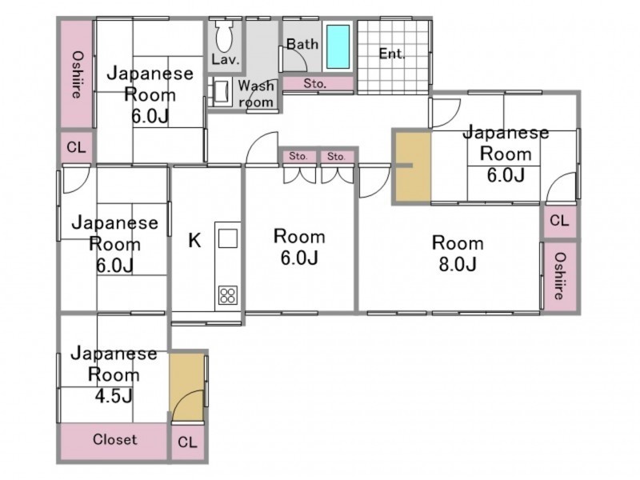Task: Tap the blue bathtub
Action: click(338, 46)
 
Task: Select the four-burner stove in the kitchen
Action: click(228, 295)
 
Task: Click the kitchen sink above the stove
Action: click(228, 238)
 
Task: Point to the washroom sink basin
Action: click(222, 92)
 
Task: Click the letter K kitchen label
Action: click(194, 241)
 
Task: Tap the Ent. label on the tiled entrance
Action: click(392, 54)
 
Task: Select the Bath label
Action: click(302, 44)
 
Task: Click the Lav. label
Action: click(225, 60)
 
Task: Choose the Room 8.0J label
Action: click(458, 253)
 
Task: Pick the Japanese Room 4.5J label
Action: click(114, 374)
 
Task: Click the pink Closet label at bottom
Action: click(114, 439)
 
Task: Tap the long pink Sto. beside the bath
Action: click(314, 84)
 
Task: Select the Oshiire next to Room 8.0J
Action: click(561, 276)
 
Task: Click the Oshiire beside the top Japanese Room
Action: click(77, 74)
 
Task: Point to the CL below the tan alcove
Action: click(187, 442)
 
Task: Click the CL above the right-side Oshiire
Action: click(559, 221)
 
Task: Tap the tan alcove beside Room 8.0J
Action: click(412, 167)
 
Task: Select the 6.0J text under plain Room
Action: click(299, 258)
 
